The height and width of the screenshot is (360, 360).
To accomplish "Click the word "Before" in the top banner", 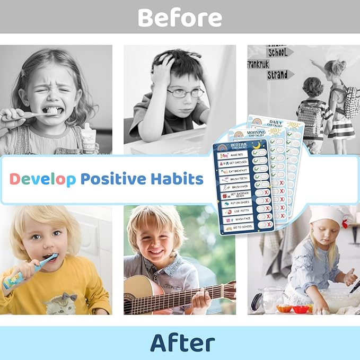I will [180, 17].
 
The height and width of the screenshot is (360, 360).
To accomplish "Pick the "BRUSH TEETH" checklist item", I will [238, 179].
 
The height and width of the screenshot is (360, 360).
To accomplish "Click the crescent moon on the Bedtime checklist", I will [256, 144].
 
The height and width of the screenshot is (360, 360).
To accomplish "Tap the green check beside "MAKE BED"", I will [256, 152].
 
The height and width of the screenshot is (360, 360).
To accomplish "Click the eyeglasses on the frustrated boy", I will [185, 92].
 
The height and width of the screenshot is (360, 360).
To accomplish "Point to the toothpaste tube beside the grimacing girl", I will [89, 139].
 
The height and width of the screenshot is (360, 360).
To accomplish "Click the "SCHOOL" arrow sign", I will [279, 52].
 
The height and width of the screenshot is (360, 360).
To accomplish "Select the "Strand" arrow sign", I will [278, 75].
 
